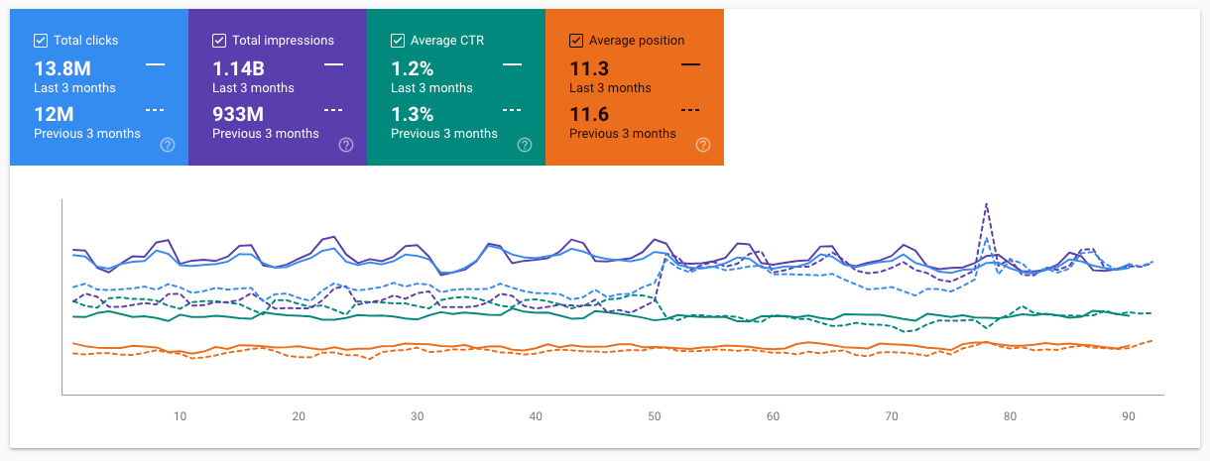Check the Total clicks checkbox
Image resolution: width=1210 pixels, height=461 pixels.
[41, 41]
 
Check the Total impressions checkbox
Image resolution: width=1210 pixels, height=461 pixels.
[219, 41]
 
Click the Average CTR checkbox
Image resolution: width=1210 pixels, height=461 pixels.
[398, 41]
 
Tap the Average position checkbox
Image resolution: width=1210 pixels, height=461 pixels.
[576, 41]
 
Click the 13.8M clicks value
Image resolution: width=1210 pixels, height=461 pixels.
[63, 68]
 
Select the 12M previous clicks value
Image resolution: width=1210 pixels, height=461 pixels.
[53, 114]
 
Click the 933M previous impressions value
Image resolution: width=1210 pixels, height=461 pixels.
[238, 114]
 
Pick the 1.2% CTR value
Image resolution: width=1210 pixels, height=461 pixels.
[412, 68]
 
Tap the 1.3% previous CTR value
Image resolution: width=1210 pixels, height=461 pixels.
[412, 114]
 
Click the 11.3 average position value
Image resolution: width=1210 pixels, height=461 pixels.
[589, 68]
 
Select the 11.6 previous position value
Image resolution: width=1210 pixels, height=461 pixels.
[589, 114]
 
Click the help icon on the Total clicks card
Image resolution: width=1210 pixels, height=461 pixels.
[168, 145]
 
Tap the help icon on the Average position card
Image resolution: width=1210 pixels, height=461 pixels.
[703, 145]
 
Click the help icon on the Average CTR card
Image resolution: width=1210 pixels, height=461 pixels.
[525, 145]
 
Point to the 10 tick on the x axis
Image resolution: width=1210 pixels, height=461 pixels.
[180, 416]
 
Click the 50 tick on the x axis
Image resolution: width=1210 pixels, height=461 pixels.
[655, 416]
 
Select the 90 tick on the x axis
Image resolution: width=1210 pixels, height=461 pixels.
[1128, 416]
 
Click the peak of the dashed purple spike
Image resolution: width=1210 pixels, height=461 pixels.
[986, 203]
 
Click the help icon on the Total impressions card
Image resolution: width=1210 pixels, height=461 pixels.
[346, 145]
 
